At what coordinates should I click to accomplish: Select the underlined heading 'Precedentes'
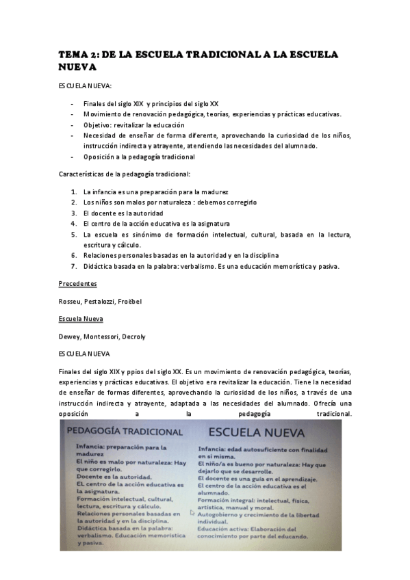coord(77,282)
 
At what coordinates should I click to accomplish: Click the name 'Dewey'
coord(71,336)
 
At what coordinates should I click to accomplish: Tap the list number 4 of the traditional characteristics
coord(73,223)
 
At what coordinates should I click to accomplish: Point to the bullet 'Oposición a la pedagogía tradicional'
coord(140,157)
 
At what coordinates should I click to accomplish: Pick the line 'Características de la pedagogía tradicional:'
coord(128,174)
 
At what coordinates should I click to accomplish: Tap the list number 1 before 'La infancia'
coord(73,192)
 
